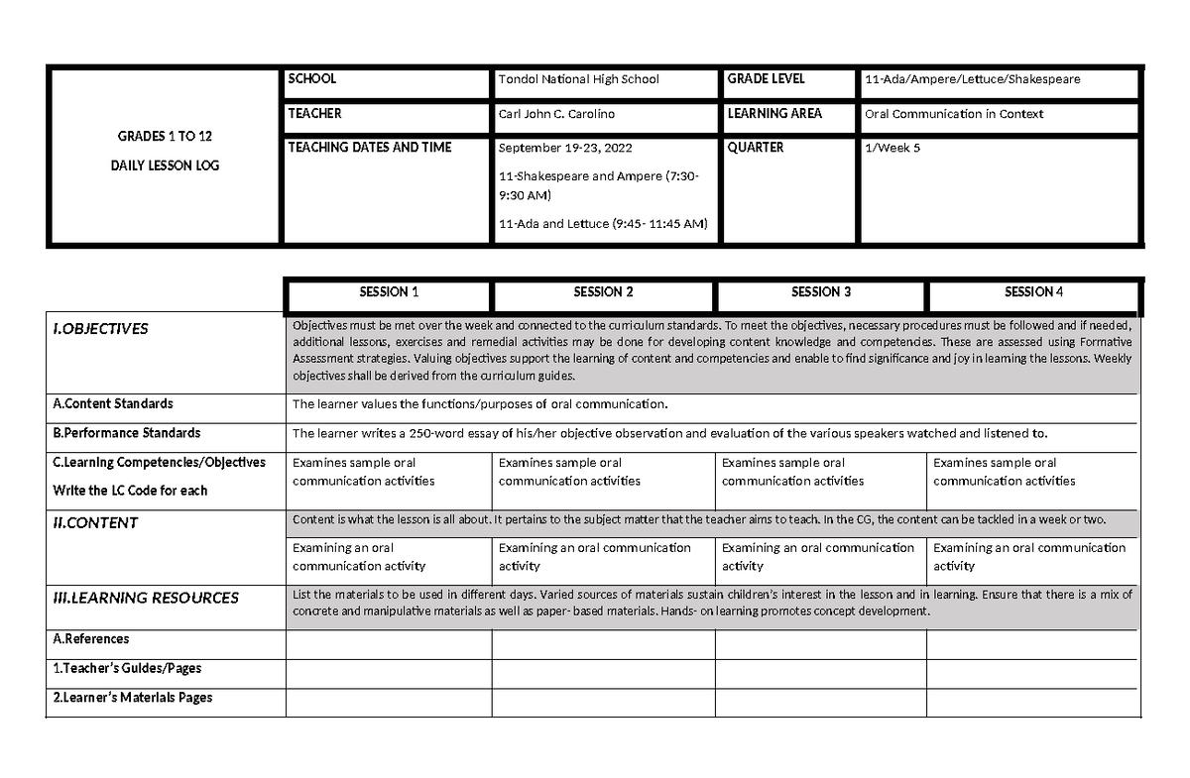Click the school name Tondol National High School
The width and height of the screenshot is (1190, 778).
pos(578,79)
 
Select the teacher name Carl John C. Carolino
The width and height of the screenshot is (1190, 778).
pos(556,114)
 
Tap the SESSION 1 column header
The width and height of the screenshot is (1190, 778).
pos(389,292)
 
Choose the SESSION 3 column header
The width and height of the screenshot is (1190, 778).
pos(821,292)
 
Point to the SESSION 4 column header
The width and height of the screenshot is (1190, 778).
pos(1034,292)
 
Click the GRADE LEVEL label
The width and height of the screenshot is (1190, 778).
pos(767,79)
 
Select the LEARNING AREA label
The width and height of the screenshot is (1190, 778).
pos(774,114)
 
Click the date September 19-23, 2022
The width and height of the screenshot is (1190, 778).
pos(563,149)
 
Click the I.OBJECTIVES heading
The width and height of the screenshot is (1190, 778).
pos(100,329)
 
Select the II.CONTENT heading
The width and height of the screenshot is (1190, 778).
pos(95,522)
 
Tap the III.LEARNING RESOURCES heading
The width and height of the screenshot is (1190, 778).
pos(146,598)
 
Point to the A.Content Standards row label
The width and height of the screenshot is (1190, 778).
pos(113,404)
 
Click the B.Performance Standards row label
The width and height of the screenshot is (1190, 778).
pos(127,433)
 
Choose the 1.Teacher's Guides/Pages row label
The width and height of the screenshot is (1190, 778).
pos(127,669)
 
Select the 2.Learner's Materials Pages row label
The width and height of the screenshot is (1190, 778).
pos(133,698)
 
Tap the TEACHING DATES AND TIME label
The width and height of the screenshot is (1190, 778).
pos(369,148)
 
